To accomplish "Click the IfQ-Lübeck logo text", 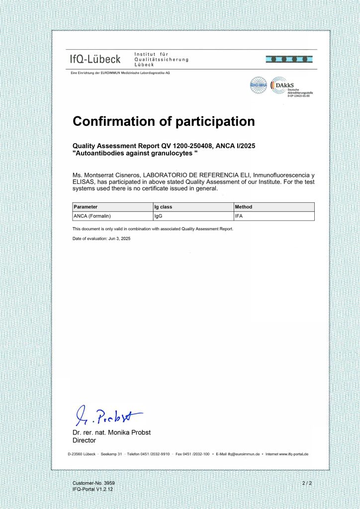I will pyautogui.click(x=95, y=60).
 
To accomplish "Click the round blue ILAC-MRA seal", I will pyautogui.click(x=258, y=85).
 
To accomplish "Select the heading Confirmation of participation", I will pyautogui.click(x=164, y=121).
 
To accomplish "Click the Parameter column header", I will pyautogui.click(x=86, y=207).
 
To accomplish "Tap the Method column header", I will pyautogui.click(x=244, y=207).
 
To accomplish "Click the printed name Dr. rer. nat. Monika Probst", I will pyautogui.click(x=111, y=432).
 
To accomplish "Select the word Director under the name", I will pyautogui.click(x=84, y=440).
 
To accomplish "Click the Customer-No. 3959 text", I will pyautogui.click(x=93, y=483).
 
